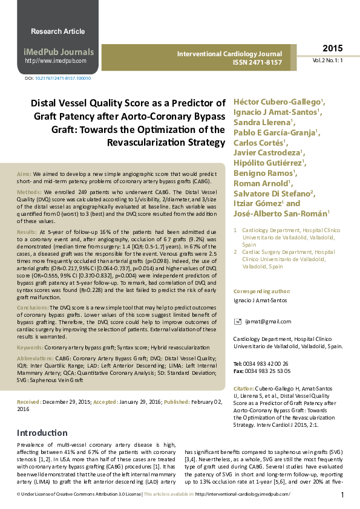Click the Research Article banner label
tap(58, 31)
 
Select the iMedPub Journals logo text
tap(59, 52)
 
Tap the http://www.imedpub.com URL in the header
tap(55, 61)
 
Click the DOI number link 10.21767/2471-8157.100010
tap(63, 79)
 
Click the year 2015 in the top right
tap(332, 48)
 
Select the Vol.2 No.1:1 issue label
tap(328, 61)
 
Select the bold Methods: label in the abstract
tap(29, 191)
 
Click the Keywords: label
tap(30, 348)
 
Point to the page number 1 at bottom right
tap(342, 495)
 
